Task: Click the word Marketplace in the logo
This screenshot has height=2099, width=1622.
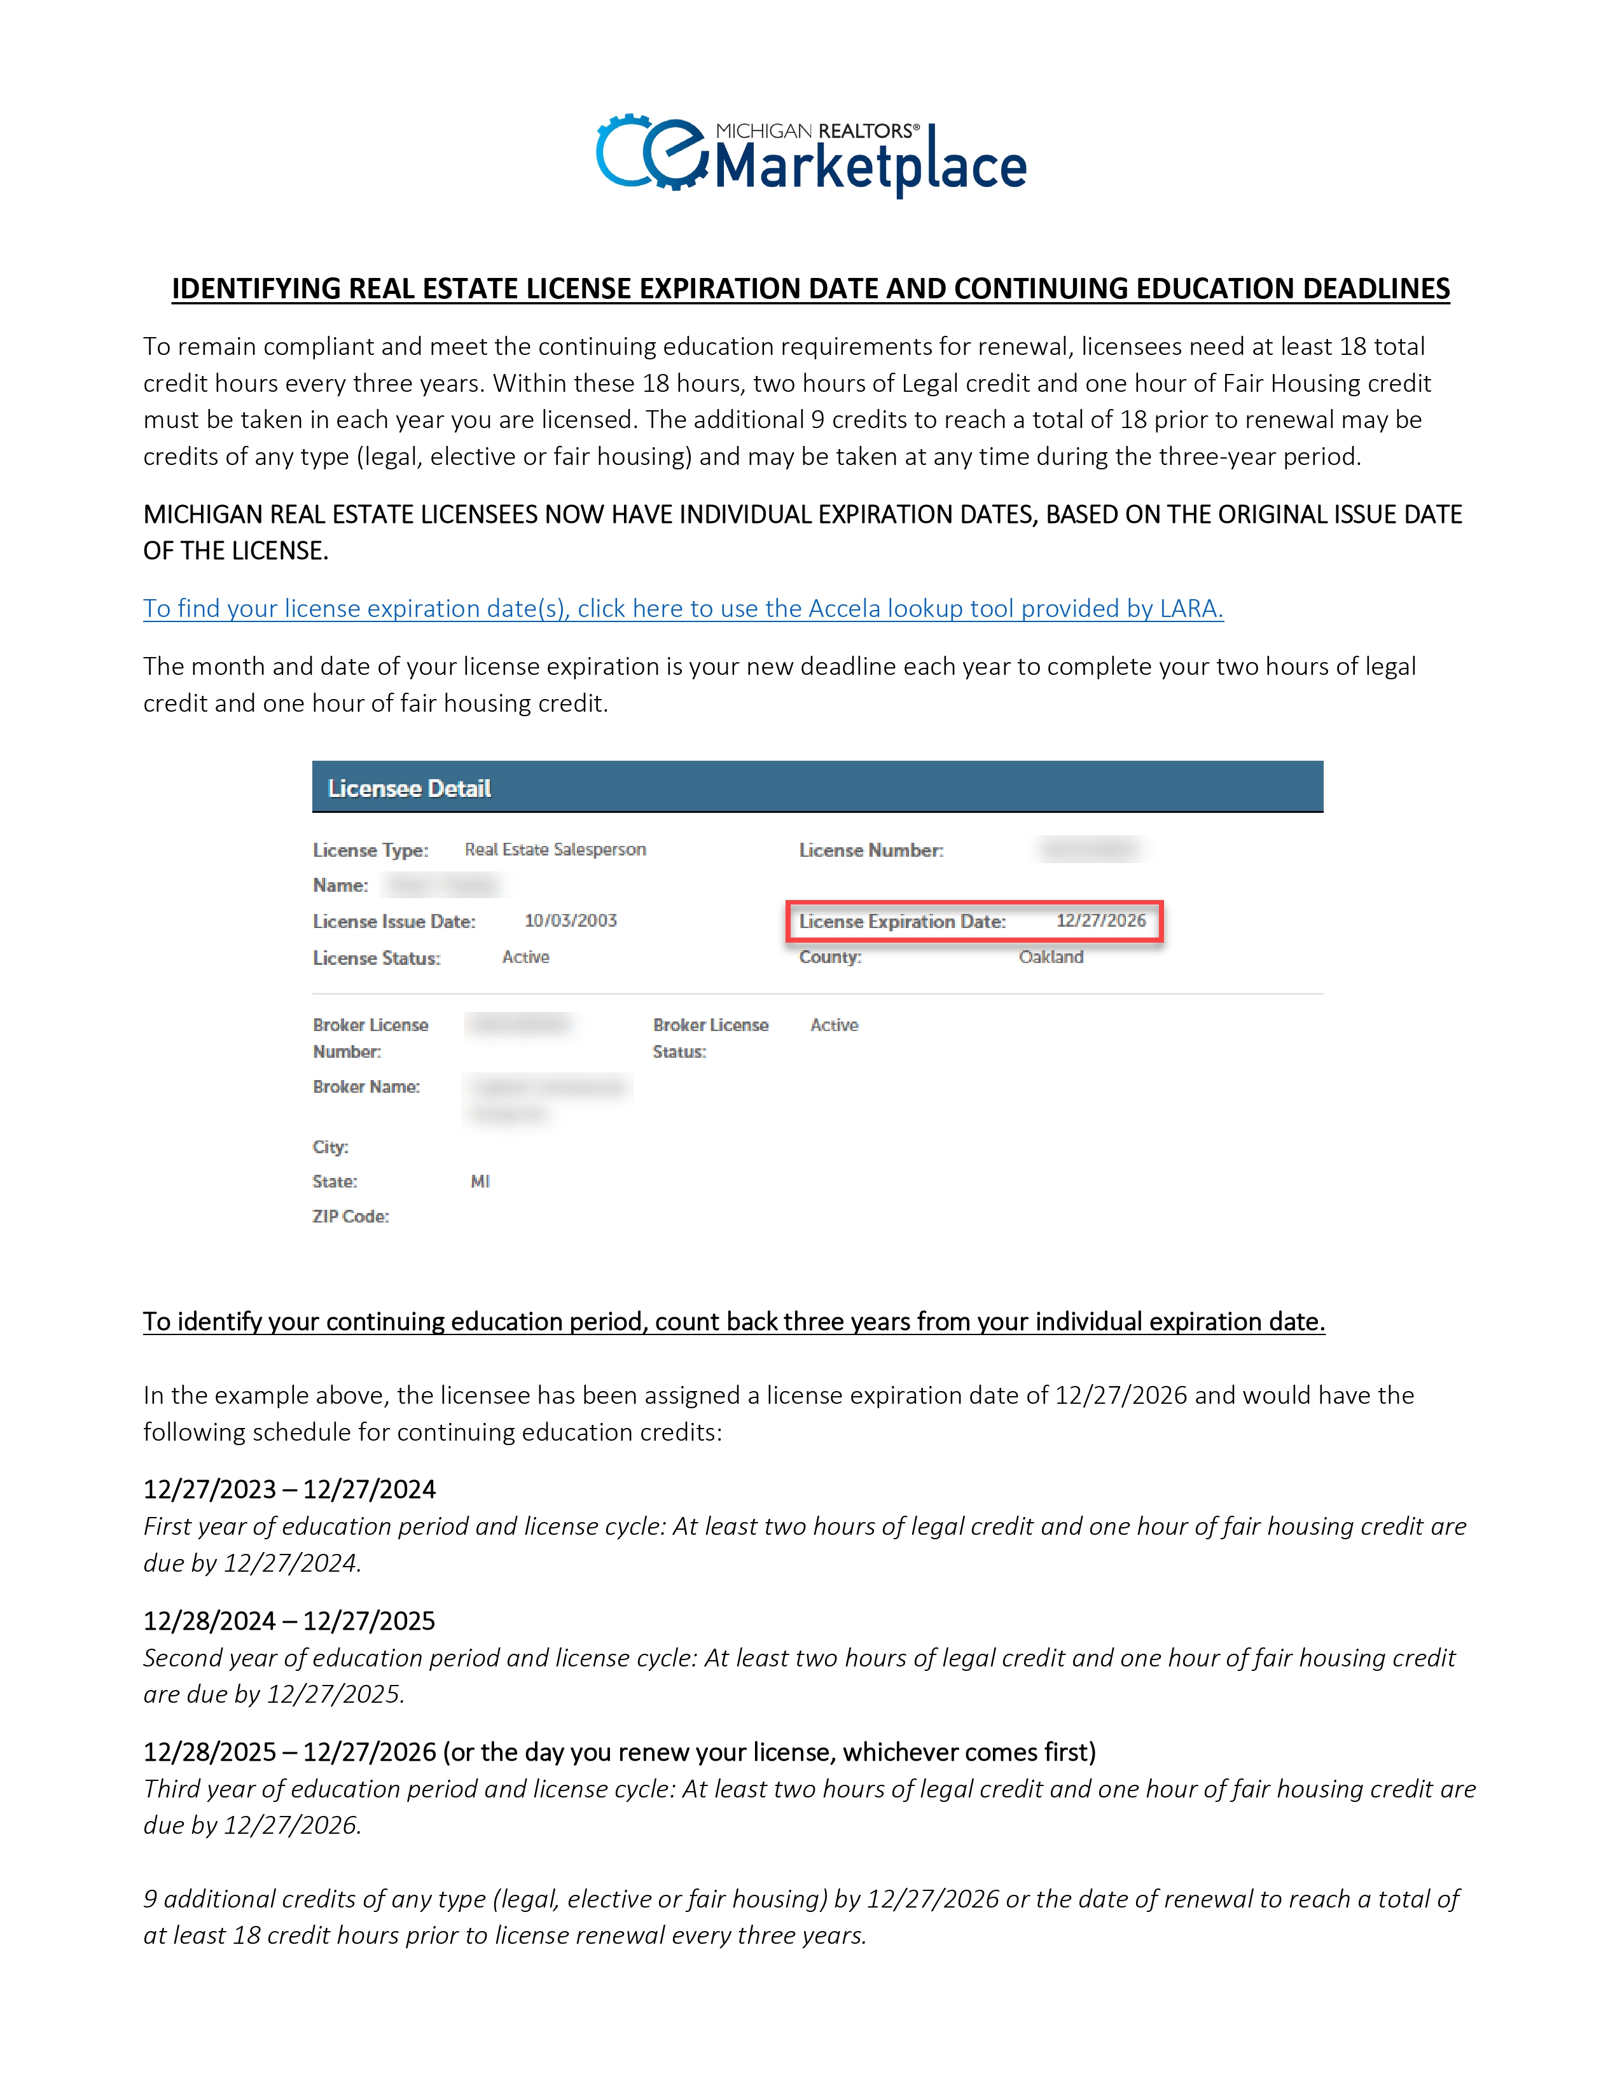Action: pos(871,167)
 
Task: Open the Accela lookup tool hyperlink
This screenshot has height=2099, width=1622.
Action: pos(683,608)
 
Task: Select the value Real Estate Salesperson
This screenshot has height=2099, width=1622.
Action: pos(555,850)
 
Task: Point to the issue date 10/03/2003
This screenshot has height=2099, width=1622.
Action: pos(571,921)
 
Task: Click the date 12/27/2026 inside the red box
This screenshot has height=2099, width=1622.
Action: pos(1101,921)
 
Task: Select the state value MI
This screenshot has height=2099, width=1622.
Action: pos(480,1181)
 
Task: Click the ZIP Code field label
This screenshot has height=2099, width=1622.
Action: pos(350,1217)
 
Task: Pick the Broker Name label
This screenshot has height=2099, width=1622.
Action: pos(366,1087)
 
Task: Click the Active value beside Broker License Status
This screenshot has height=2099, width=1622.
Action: pos(834,1025)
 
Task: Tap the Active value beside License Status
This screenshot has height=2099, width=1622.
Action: pos(525,957)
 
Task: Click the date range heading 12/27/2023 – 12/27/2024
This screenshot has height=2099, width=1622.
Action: pos(289,1490)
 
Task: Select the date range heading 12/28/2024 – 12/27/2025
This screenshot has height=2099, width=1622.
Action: pos(289,1621)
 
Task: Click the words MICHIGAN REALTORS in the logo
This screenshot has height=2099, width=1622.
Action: pos(817,130)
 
